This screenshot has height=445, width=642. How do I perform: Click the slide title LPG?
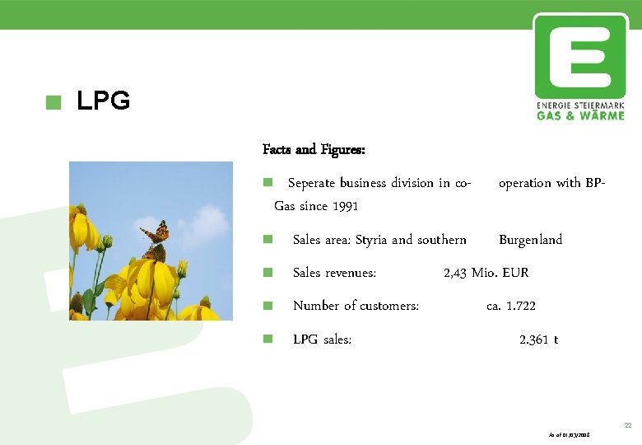coord(103,101)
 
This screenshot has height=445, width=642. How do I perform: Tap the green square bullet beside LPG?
coord(54,102)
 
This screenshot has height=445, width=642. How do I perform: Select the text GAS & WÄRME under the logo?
coord(580,116)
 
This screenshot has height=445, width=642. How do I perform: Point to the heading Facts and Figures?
coord(314,150)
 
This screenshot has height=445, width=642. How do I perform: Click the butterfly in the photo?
coord(156,240)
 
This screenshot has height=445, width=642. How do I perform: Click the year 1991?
coord(345,206)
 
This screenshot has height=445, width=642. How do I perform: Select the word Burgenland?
coord(530,240)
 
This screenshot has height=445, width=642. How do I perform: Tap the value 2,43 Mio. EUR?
coord(486,273)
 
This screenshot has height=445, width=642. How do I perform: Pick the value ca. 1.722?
coord(511,306)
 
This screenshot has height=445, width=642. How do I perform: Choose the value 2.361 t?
coord(538,340)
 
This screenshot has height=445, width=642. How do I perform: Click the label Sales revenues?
coord(334,273)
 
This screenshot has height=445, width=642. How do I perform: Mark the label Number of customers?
coord(356,306)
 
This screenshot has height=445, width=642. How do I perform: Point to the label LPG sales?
coord(322,340)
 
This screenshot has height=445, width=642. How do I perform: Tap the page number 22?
coord(627,425)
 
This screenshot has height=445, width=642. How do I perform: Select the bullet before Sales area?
coord(267,240)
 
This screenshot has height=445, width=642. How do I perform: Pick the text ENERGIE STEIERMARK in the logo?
coord(580,106)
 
